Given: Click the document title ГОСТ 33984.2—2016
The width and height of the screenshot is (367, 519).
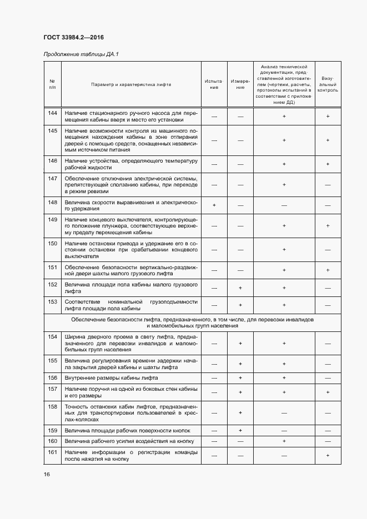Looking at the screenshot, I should pyautogui.click(x=74, y=38).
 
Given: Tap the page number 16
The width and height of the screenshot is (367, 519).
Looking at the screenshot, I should pyautogui.click(x=46, y=475).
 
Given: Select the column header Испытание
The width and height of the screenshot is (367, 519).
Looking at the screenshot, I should pyautogui.click(x=214, y=84).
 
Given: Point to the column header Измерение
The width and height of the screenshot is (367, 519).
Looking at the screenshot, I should pyautogui.click(x=240, y=84).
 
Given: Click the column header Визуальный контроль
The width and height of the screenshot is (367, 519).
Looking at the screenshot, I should pyautogui.click(x=328, y=84).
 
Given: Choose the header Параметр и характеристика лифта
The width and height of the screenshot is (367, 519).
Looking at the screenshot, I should pyautogui.click(x=131, y=84).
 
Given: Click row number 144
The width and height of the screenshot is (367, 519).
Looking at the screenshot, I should pyautogui.click(x=53, y=113).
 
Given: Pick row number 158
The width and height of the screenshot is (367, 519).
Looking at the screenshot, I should pyautogui.click(x=53, y=407).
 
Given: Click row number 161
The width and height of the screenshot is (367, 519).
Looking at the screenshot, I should pyautogui.click(x=53, y=452).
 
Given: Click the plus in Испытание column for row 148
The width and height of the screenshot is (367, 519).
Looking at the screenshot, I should pyautogui.click(x=214, y=205).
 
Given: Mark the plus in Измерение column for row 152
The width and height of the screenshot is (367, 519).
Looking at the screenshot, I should pyautogui.click(x=240, y=288).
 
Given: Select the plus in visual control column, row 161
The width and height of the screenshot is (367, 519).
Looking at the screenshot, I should pyautogui.click(x=328, y=455).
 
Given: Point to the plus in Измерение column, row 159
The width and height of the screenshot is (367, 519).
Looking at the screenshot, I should pyautogui.click(x=240, y=430).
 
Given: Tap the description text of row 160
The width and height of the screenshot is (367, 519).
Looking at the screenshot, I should pyautogui.click(x=127, y=441).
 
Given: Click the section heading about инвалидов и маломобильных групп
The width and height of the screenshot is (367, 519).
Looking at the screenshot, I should pyautogui.click(x=192, y=324).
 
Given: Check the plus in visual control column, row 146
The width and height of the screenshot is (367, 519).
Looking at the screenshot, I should pyautogui.click(x=328, y=164).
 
